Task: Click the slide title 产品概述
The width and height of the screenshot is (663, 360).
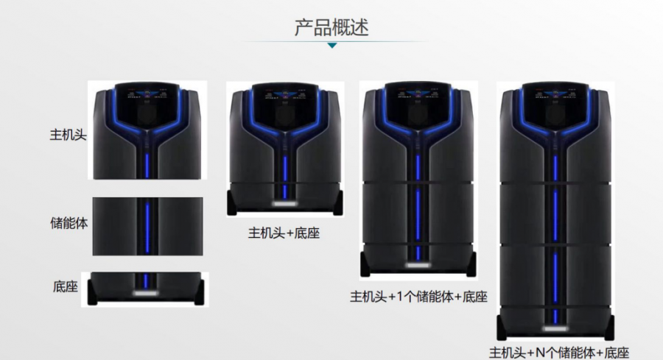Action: [x=331, y=27]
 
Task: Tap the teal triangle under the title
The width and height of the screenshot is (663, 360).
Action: [x=332, y=45]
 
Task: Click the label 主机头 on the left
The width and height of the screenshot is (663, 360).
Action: [x=68, y=135]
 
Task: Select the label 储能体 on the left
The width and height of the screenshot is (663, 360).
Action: [x=69, y=222]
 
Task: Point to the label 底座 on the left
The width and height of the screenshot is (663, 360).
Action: [x=66, y=286]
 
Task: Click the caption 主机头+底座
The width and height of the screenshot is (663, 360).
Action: [x=284, y=233]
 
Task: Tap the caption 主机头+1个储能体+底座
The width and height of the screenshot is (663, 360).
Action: [x=418, y=297]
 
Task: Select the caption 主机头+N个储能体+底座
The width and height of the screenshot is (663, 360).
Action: [x=559, y=353]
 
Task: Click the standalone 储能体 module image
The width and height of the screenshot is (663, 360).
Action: [x=147, y=226]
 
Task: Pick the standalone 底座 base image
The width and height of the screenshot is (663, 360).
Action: [x=145, y=289]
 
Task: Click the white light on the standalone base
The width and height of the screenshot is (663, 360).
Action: [x=146, y=293]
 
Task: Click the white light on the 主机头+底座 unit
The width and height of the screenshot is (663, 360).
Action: [x=284, y=204]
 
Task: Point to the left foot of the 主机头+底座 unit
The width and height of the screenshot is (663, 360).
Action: [x=232, y=203]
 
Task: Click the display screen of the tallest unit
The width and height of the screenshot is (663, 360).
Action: [x=555, y=104]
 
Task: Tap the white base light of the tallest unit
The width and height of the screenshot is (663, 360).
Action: [x=555, y=328]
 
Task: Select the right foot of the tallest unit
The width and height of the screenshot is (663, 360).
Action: [x=609, y=328]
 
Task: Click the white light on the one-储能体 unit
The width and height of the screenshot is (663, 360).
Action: [x=418, y=265]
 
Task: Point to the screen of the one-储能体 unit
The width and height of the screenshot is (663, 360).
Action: [x=418, y=104]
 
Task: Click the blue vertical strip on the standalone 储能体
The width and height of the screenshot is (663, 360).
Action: [x=147, y=228]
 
